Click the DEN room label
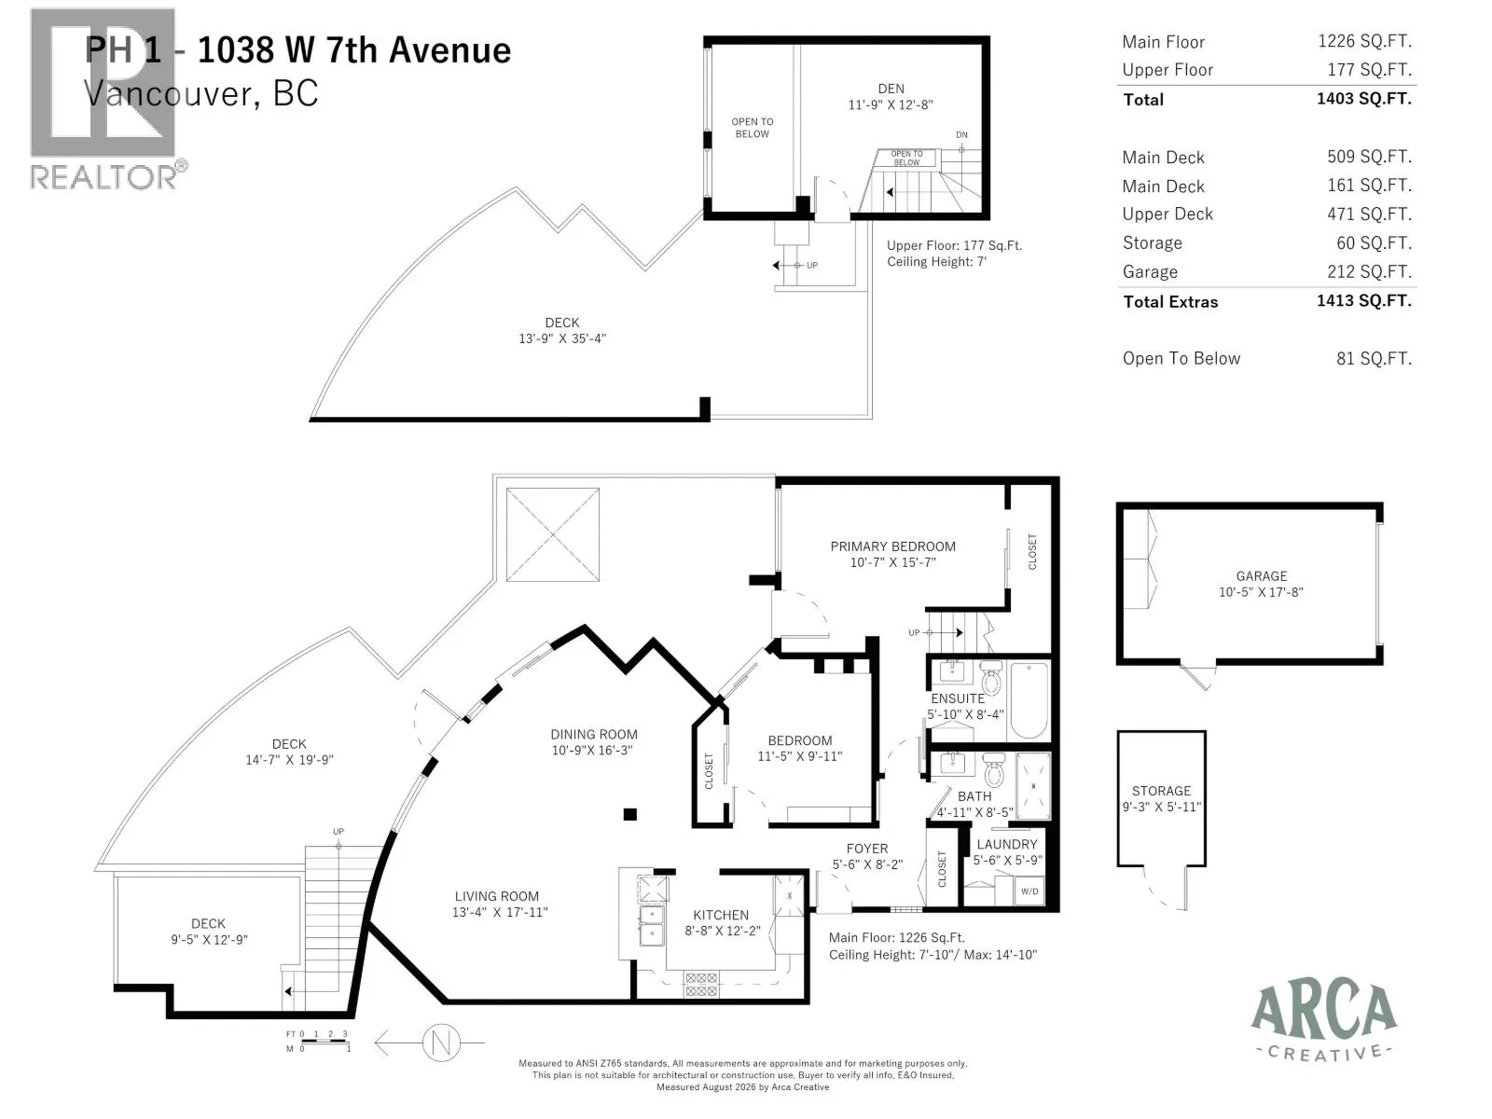891,89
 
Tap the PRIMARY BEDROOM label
892,546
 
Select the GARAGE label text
1261,576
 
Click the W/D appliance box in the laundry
1029,891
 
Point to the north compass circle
441,1042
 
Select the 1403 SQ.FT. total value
1363,99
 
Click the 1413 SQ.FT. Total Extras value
1363,301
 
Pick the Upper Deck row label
1167,214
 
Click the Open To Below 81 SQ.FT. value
1373,358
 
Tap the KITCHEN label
721,915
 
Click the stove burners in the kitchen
701,985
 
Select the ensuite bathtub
1029,700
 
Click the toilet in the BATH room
994,769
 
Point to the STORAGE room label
1161,791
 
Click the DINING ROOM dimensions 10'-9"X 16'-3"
592,750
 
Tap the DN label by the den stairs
961,134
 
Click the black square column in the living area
630,814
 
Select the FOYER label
866,849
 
